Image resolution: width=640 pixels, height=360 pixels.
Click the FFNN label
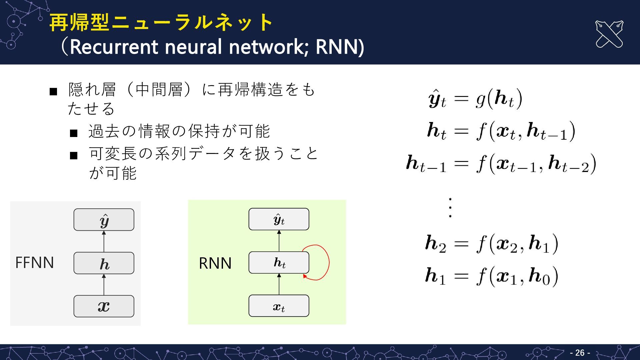(35, 263)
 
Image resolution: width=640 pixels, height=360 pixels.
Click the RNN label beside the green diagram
(215, 263)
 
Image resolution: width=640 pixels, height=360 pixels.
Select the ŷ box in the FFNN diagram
(104, 220)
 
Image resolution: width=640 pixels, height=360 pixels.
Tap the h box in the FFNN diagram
(104, 263)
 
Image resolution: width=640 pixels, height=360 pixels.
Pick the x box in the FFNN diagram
(104, 306)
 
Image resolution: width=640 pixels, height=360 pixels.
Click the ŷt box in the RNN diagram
(279, 219)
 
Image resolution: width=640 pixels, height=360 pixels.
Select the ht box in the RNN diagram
(279, 263)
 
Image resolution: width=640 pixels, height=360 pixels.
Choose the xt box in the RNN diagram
(279, 306)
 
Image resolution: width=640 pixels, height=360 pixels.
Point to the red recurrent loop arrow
(328, 263)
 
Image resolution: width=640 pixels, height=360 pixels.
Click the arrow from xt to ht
(279, 284)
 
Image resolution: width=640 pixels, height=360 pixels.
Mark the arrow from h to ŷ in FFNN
(104, 241)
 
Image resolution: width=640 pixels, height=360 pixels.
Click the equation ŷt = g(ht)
(475, 99)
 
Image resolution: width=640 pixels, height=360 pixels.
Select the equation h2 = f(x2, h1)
(492, 244)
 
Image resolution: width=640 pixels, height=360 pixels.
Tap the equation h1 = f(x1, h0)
(492, 276)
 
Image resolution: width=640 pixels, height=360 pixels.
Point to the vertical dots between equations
(450, 208)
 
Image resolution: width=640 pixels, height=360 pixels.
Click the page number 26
(580, 353)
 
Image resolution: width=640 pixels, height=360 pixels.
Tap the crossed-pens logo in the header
(609, 34)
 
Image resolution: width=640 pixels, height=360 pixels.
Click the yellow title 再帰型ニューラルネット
(161, 22)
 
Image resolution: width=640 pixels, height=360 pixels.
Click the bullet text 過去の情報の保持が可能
(179, 131)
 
